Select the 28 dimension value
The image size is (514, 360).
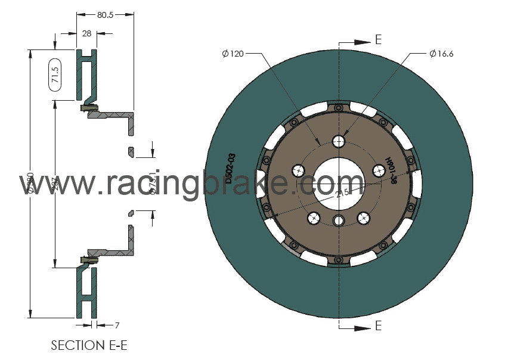pos(87,34)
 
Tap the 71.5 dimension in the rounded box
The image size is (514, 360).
pos(55,75)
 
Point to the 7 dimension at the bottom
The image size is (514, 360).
pos(117,325)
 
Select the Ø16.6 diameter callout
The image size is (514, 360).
pos(441,54)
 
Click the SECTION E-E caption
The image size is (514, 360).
pos(89,345)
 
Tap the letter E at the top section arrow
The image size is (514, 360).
pos(378,40)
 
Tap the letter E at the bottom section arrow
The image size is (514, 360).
pos(378,326)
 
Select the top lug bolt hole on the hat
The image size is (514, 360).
pos(339,141)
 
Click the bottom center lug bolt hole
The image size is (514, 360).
pos(339,221)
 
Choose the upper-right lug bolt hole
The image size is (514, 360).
pos(378,171)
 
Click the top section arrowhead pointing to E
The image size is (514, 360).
pos(362,42)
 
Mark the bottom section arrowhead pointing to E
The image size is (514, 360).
pos(362,328)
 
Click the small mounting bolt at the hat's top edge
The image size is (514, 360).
pos(339,108)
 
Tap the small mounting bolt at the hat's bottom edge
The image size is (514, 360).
pos(339,259)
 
